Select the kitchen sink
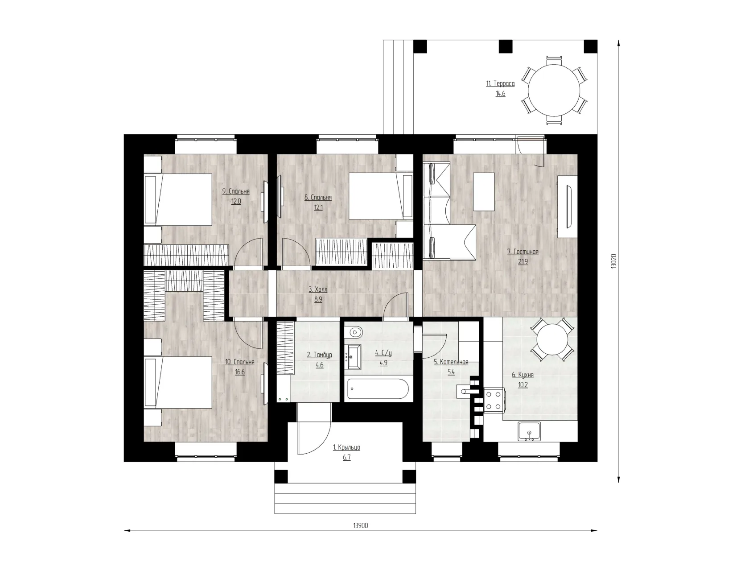click(x=529, y=432)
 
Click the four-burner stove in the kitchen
click(x=494, y=400)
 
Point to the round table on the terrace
click(x=553, y=91)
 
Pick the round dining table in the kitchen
click(x=552, y=339)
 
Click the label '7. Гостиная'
click(x=523, y=252)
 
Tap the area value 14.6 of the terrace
click(x=500, y=94)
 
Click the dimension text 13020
click(x=613, y=261)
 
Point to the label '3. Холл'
click(x=318, y=289)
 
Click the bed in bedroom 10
click(x=178, y=382)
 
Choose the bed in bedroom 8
click(x=381, y=196)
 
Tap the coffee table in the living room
click(x=484, y=191)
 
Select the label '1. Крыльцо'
click(x=346, y=447)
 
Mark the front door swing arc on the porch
click(x=319, y=444)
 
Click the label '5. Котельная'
click(x=451, y=362)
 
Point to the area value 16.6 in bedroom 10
click(x=239, y=372)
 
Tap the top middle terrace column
click(x=506, y=46)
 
